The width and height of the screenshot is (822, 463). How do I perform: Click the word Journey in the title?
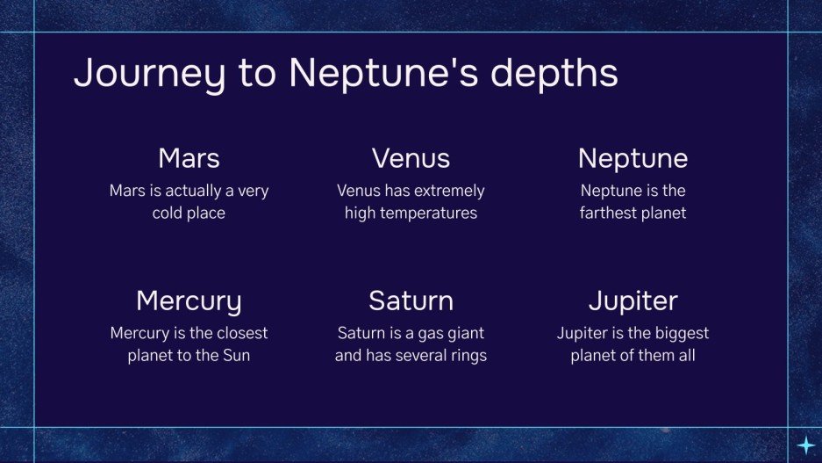pyautogui.click(x=142, y=74)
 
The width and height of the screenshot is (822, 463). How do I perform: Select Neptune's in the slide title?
pyautogui.click(x=381, y=74)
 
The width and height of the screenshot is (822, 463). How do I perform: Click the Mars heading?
pyautogui.click(x=189, y=158)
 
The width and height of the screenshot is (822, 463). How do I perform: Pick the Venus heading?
pyautogui.click(x=411, y=158)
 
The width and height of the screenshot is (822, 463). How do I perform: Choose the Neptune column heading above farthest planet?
pyautogui.click(x=633, y=158)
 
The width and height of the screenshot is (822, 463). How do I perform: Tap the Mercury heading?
pyautogui.click(x=189, y=300)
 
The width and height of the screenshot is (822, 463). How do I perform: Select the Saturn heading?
pyautogui.click(x=411, y=300)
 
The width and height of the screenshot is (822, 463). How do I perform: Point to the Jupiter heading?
pyautogui.click(x=633, y=300)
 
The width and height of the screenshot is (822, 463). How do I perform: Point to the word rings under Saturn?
pyautogui.click(x=466, y=356)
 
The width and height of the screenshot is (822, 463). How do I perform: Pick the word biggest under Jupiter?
pyautogui.click(x=680, y=334)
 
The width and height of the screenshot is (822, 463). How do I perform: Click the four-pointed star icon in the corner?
pyautogui.click(x=804, y=445)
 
